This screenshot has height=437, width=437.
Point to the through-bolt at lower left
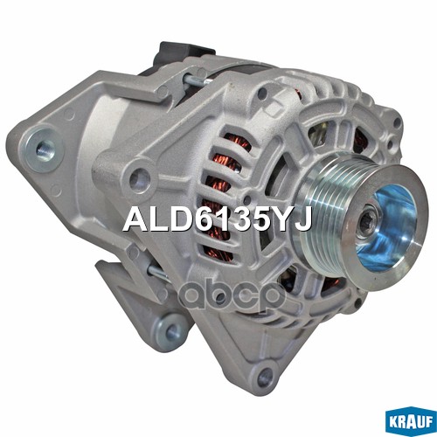159,274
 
